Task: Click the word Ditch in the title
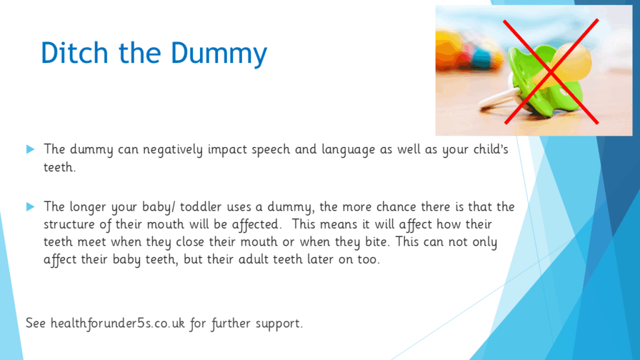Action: (x=75, y=52)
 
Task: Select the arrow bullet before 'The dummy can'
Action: (x=31, y=149)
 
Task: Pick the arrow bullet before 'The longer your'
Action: (x=31, y=206)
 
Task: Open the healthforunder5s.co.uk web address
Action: (x=117, y=323)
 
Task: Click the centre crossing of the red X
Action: (x=551, y=72)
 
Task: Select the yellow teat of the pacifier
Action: (x=567, y=65)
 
